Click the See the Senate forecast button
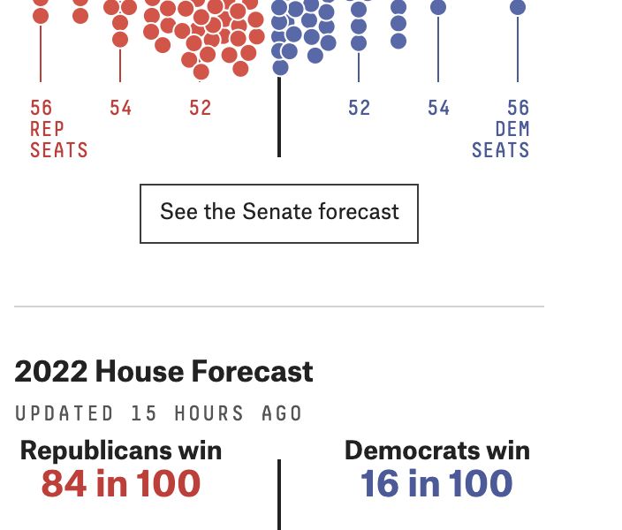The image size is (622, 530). pyautogui.click(x=279, y=213)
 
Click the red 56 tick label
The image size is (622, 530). pyautogui.click(x=42, y=108)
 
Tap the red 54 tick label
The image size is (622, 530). pyautogui.click(x=121, y=108)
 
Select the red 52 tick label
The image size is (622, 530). pyautogui.click(x=201, y=108)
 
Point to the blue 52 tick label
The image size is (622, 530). pyautogui.click(x=359, y=108)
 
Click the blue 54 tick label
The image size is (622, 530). pyautogui.click(x=438, y=108)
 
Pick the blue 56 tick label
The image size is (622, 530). pyautogui.click(x=518, y=108)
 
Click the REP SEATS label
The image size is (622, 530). pyautogui.click(x=58, y=140)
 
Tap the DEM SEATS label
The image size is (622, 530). pyautogui.click(x=501, y=140)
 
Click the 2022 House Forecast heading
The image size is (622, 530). pyautogui.click(x=163, y=372)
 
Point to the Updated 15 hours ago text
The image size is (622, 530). pyautogui.click(x=159, y=413)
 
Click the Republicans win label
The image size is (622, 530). pyautogui.click(x=121, y=450)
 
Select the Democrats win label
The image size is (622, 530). pyautogui.click(x=437, y=450)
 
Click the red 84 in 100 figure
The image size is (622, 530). pyautogui.click(x=121, y=484)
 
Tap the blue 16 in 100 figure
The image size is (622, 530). pyautogui.click(x=436, y=484)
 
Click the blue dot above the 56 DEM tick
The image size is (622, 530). pyautogui.click(x=518, y=8)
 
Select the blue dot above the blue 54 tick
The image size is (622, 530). pyautogui.click(x=438, y=8)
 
